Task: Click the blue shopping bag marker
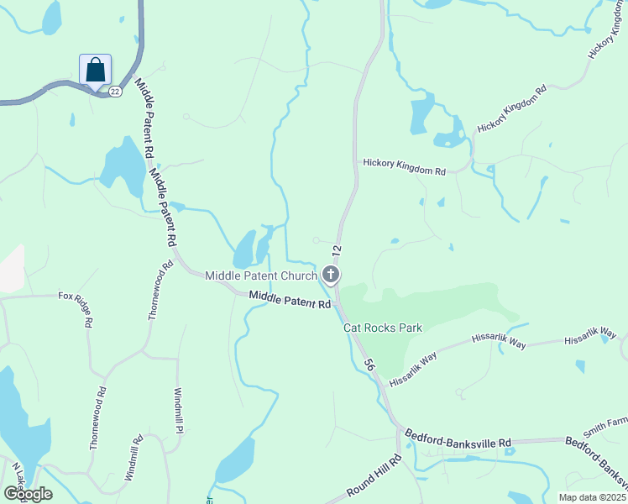point(96,69)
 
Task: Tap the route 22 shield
point(115,91)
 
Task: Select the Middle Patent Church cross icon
point(331,275)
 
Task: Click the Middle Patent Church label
point(261,276)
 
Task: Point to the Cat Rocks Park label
point(383,328)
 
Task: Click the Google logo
point(28,494)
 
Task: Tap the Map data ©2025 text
point(594,497)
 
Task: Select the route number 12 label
point(337,250)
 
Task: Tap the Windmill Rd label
point(133,456)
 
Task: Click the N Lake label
point(18,474)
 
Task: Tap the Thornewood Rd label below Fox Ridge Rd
point(98,417)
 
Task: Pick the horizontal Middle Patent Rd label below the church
point(290,299)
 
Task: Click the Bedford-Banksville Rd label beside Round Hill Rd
point(458,438)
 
